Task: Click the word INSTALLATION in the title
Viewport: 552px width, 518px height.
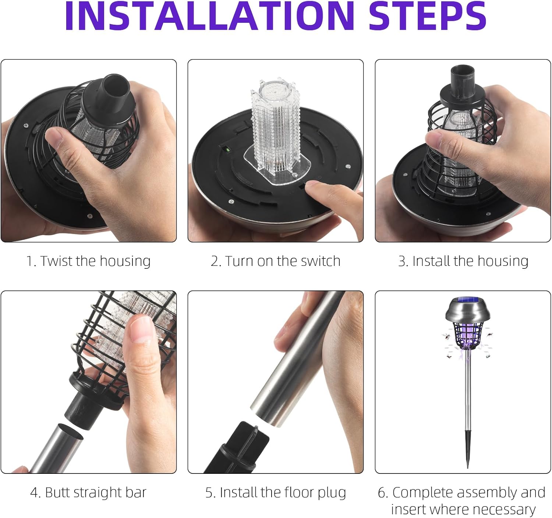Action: coord(210,16)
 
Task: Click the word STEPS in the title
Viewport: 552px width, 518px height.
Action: coord(428,16)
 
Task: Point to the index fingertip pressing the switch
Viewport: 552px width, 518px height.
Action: coord(313,186)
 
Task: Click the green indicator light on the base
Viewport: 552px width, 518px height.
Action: coord(228,150)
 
